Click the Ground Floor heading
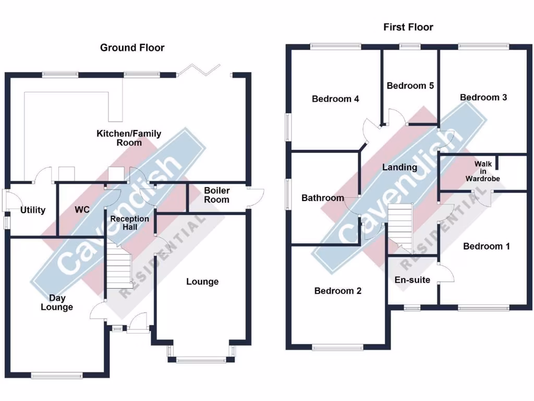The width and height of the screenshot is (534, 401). (x=132, y=48)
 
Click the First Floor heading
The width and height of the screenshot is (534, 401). (x=408, y=27)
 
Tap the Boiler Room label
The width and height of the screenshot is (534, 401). (x=216, y=195)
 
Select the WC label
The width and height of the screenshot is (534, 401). (x=82, y=210)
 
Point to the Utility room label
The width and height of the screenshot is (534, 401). (x=33, y=210)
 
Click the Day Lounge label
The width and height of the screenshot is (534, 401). (x=57, y=303)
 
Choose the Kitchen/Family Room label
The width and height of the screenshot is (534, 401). (x=129, y=138)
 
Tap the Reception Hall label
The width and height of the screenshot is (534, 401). (x=129, y=222)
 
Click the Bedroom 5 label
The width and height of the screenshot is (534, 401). (x=410, y=86)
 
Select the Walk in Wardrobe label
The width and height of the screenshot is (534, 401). (x=483, y=171)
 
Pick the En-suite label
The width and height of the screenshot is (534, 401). (x=412, y=280)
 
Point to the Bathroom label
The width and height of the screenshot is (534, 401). (x=323, y=198)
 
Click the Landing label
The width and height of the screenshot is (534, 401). (x=399, y=168)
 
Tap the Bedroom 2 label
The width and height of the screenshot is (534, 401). (x=338, y=291)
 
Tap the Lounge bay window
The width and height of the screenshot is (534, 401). (x=201, y=358)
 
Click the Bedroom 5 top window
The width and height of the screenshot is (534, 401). (x=410, y=46)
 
